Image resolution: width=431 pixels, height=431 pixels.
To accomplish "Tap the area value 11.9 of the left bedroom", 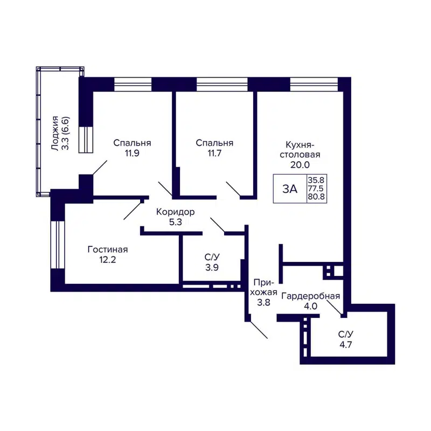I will [x=132, y=153].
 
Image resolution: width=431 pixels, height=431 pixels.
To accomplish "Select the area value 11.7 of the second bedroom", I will [x=214, y=153].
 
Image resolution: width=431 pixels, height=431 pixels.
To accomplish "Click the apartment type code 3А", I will [x=290, y=189].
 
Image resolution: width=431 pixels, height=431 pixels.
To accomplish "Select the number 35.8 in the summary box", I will [x=316, y=180].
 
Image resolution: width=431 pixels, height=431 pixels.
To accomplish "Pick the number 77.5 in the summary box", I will [x=316, y=189].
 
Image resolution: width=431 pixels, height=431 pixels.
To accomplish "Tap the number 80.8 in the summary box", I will [x=316, y=197].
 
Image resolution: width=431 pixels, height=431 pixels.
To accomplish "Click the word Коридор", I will [x=175, y=212].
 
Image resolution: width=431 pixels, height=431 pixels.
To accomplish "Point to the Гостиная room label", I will [x=108, y=249].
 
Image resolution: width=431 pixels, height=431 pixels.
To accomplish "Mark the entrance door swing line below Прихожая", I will [x=258, y=330].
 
